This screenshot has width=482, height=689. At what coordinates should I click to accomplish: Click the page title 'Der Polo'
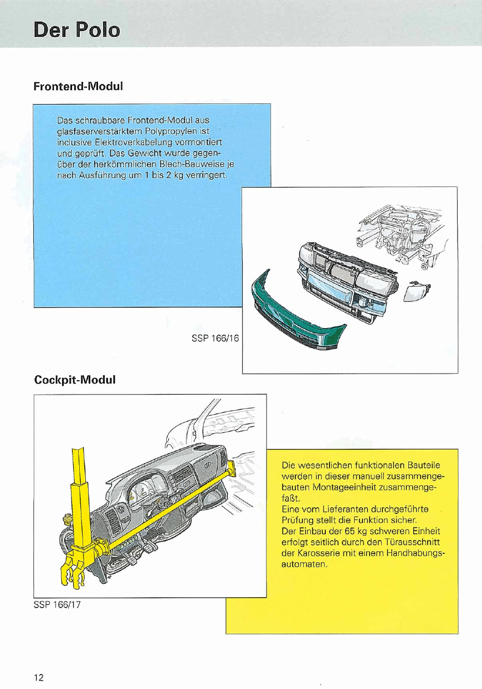76,29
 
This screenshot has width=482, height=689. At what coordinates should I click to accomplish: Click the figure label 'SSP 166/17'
58,604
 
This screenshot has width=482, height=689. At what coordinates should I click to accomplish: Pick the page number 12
38,677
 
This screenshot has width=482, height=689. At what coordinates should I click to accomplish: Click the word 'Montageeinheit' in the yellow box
341,486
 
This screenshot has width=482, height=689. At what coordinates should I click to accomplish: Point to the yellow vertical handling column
80,498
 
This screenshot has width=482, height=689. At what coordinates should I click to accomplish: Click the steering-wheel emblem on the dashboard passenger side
208,464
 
